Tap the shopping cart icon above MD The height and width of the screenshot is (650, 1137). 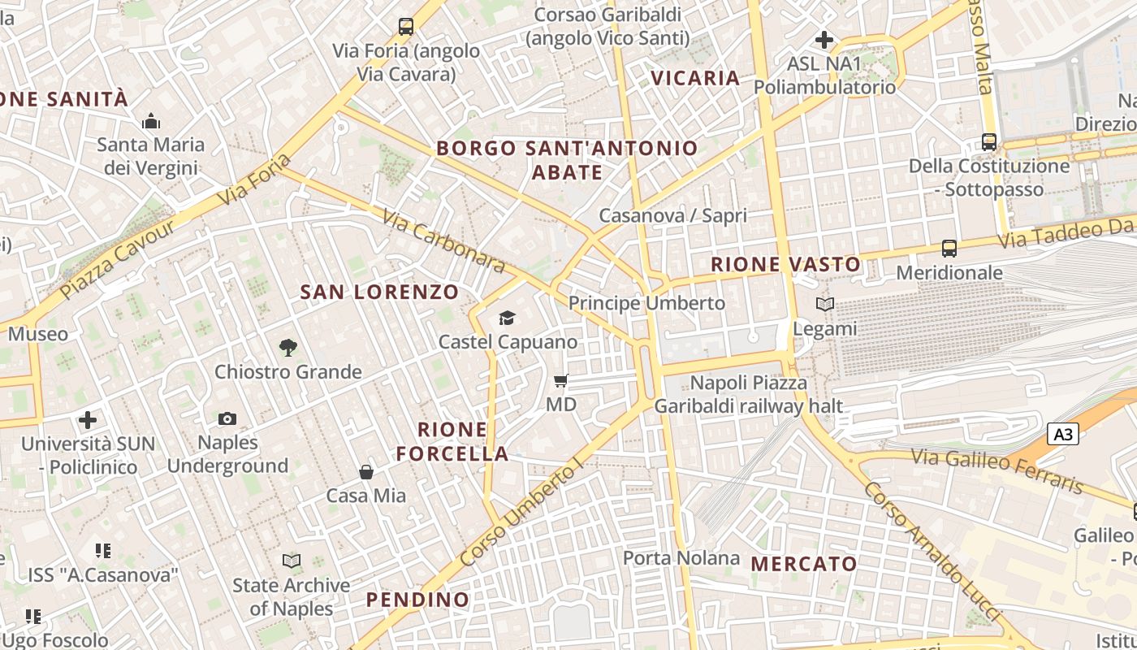[561, 380]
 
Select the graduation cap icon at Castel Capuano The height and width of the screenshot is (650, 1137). [508, 318]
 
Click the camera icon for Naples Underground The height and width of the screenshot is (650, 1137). [227, 418]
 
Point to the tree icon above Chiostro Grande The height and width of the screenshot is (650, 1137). [287, 348]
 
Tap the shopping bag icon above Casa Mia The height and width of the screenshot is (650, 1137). [366, 471]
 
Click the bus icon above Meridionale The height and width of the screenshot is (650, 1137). [949, 249]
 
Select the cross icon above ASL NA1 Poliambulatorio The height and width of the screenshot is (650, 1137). [824, 39]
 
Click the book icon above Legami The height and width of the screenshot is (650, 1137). [825, 305]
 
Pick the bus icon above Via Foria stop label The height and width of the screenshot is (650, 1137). [406, 27]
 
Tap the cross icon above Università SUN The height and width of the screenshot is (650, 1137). [88, 420]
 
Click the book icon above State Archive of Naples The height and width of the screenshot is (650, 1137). [291, 561]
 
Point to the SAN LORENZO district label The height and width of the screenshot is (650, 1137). [379, 292]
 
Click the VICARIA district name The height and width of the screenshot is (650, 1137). [696, 78]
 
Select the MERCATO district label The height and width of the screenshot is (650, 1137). [804, 563]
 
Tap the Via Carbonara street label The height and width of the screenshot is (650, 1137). [443, 242]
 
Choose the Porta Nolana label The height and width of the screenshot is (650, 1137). [681, 558]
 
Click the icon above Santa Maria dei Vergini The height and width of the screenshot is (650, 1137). [151, 122]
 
